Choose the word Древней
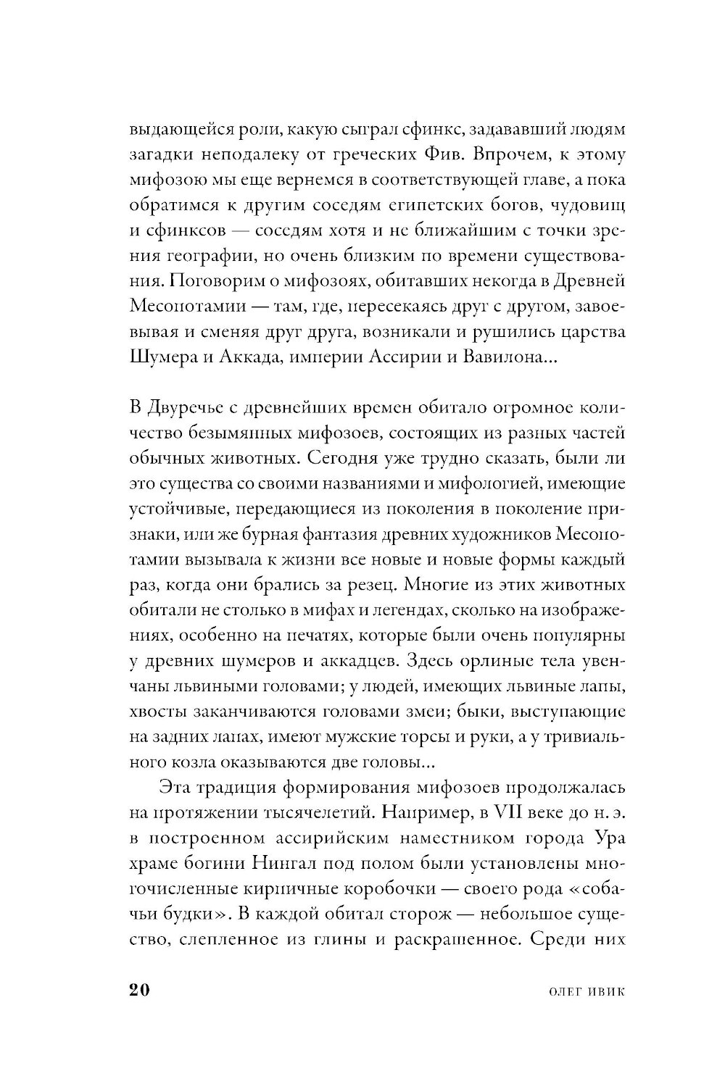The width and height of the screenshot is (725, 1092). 589,280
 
